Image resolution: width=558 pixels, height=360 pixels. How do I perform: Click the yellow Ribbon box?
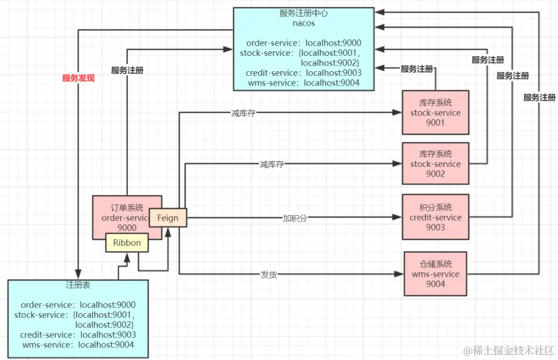point(127,243)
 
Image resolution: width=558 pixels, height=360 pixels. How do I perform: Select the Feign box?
point(168,218)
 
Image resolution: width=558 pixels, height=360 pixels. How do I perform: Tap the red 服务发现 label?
point(78,78)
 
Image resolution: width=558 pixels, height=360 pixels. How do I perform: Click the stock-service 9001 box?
point(435,112)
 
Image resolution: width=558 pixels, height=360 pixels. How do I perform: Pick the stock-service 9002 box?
point(435,163)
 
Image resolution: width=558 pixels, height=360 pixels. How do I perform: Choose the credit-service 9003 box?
point(435,217)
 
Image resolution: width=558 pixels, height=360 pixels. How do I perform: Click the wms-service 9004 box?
point(435,273)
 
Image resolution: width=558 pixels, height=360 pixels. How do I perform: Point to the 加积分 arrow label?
point(294,218)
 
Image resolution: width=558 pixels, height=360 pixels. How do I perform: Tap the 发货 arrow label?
point(268,274)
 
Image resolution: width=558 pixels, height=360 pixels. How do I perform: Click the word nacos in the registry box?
point(303,23)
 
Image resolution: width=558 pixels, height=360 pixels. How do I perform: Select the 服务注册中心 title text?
point(303,13)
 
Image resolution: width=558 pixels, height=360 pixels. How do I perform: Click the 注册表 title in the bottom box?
point(78,285)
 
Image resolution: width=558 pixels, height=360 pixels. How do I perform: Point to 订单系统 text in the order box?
point(127,207)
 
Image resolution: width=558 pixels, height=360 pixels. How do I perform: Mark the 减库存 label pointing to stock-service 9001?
point(243,113)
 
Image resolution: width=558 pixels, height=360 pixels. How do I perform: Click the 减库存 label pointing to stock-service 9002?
point(271,165)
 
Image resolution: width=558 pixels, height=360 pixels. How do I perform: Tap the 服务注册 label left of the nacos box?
point(127,71)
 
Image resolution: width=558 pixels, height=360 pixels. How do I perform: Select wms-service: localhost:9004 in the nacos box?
point(304,83)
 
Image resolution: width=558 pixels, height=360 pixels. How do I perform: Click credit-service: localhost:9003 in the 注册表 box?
point(78,334)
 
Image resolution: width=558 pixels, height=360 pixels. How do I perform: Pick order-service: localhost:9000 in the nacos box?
point(304,43)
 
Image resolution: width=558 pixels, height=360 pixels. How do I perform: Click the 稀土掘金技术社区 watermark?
point(508,350)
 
